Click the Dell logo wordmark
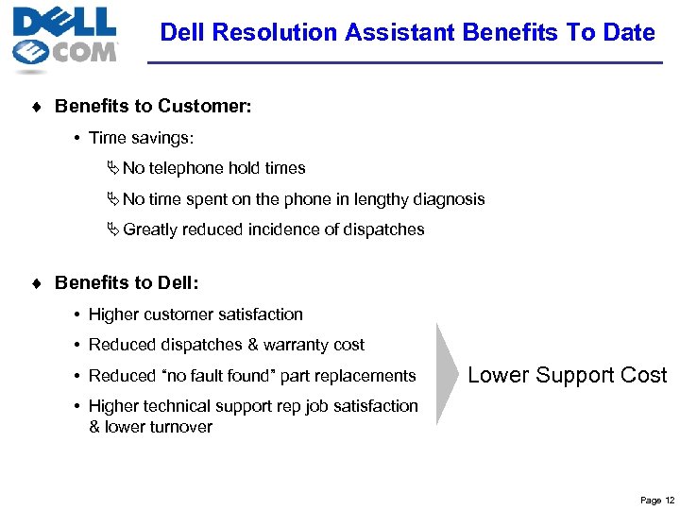pos(64,21)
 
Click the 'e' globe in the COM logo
pos(32,53)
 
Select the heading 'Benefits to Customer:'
pos(153,107)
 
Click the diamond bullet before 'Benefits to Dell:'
pos(36,282)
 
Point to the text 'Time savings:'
pos(141,138)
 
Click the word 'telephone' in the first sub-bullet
pos(194,168)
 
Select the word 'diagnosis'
pos(447,199)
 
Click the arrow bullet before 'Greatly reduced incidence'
pos(113,229)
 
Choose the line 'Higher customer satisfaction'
pos(195,314)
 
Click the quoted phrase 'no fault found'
pos(221,375)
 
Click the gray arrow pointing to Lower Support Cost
pos(448,374)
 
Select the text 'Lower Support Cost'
pos(567,375)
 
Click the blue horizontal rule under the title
pos(406,63)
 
